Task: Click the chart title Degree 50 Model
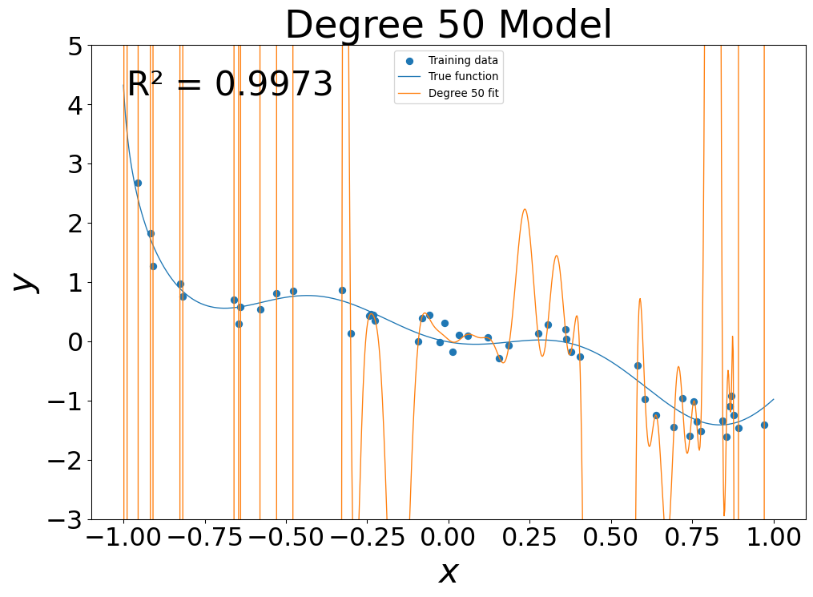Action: point(449,25)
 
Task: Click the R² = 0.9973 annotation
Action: point(230,84)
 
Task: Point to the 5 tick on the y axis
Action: point(74,46)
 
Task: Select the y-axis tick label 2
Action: point(74,223)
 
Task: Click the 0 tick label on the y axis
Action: point(74,341)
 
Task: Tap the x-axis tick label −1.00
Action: point(123,537)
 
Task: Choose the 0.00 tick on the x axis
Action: point(449,537)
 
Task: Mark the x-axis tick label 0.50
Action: point(611,537)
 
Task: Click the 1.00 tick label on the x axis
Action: point(774,537)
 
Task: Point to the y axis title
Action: point(26,282)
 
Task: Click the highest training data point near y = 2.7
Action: point(138,183)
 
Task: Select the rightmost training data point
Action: point(764,425)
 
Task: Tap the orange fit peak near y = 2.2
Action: point(525,209)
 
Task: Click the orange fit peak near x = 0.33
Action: point(556,256)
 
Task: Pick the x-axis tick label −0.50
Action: point(286,537)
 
